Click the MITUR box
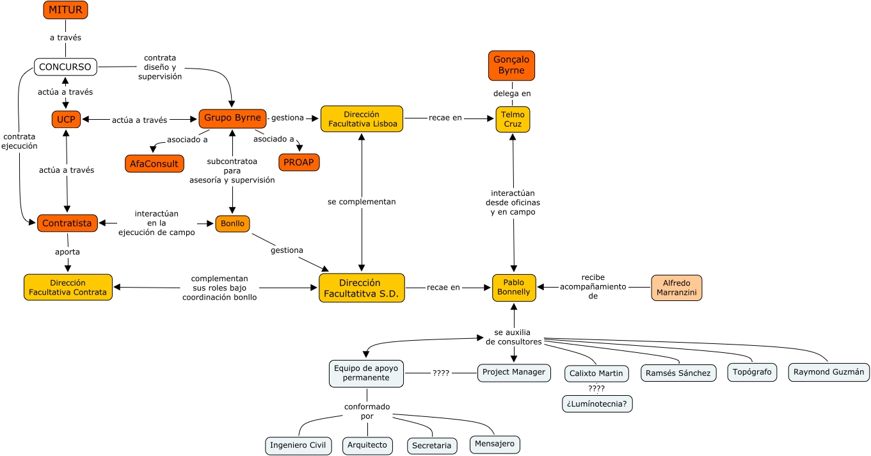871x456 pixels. pos(65,10)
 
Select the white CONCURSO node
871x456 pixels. pos(65,67)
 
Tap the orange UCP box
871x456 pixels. pos(66,119)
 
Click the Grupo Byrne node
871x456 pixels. pos(232,118)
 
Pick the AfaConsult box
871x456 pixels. pos(154,163)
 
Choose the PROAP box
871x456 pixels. pos(299,162)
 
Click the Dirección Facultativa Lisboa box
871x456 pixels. pos(362,119)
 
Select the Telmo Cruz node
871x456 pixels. pos(513,119)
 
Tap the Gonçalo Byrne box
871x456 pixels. pos(511,65)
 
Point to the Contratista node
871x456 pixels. pos(67,223)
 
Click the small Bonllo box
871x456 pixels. pos(232,224)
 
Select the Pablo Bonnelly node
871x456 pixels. pos(513,288)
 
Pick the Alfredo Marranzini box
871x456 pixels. pos(676,288)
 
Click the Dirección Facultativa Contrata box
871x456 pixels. pos(68,288)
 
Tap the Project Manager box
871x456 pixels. pos(514,372)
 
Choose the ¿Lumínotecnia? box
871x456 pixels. pos(597,403)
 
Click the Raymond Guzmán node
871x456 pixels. pos(829,372)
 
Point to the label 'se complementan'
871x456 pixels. pos(362,202)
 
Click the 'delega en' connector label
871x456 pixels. pos(512,94)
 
